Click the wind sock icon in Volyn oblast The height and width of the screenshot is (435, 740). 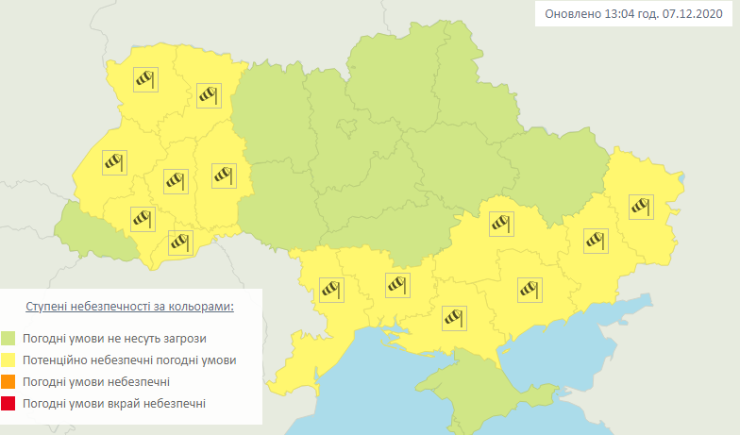(x=144, y=79)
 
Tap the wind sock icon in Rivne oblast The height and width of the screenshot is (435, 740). (x=208, y=94)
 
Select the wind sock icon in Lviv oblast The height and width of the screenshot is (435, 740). (x=113, y=163)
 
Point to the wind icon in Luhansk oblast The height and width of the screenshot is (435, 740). (x=641, y=205)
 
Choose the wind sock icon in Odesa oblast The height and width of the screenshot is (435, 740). (x=331, y=289)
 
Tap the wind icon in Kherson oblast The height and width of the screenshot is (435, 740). (x=455, y=316)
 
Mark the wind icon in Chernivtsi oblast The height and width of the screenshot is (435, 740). (x=179, y=243)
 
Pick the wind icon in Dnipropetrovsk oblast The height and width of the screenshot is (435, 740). (x=501, y=224)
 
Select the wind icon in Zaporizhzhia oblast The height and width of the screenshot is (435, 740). (x=529, y=289)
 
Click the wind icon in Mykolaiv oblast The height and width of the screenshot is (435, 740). (x=395, y=283)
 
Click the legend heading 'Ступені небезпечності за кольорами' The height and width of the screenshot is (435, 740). (x=130, y=308)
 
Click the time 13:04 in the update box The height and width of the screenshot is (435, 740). (x=614, y=15)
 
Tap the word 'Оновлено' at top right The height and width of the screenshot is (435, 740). (x=569, y=15)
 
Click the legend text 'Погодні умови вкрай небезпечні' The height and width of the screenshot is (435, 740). (x=115, y=404)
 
